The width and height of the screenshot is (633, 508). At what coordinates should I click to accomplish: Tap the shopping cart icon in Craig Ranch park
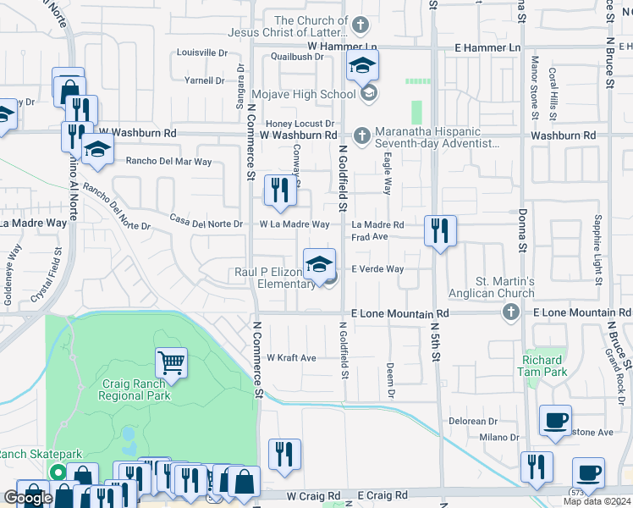172,363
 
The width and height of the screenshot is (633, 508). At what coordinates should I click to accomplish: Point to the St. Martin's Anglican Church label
504,287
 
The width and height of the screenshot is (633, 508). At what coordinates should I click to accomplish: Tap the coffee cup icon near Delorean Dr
555,421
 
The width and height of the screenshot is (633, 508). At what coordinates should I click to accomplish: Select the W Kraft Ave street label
292,358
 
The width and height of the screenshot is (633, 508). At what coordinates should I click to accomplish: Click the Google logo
28,497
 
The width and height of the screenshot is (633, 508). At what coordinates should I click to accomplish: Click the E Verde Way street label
377,269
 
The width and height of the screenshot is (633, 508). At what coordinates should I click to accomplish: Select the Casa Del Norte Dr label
206,224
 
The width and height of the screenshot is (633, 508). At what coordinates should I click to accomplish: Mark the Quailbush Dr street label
297,57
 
